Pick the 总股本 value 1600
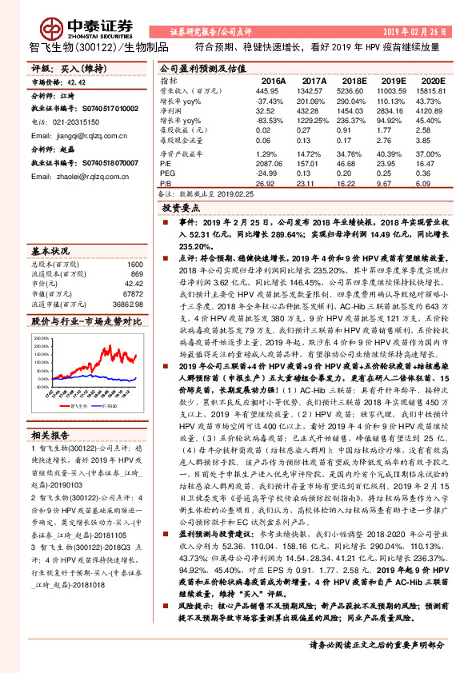point(134,264)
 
